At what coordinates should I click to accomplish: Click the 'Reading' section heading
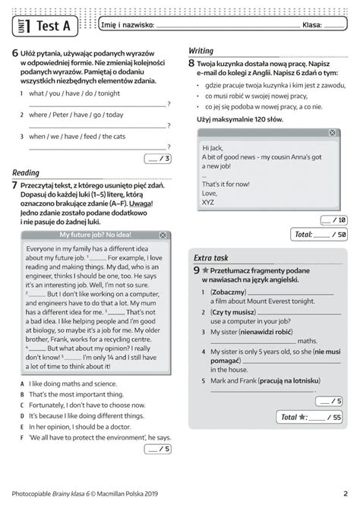[26, 173]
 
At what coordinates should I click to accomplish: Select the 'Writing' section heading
[201, 50]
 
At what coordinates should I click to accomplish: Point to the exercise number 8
[192, 65]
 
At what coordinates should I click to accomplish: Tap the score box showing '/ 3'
[157, 159]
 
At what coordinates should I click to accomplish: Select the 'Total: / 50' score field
[320, 235]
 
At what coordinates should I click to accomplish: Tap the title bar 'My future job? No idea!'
[90, 235]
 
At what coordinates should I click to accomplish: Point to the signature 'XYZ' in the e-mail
[209, 202]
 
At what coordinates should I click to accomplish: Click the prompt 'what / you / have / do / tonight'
[74, 93]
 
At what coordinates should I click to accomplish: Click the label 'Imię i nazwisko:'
[127, 25]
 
